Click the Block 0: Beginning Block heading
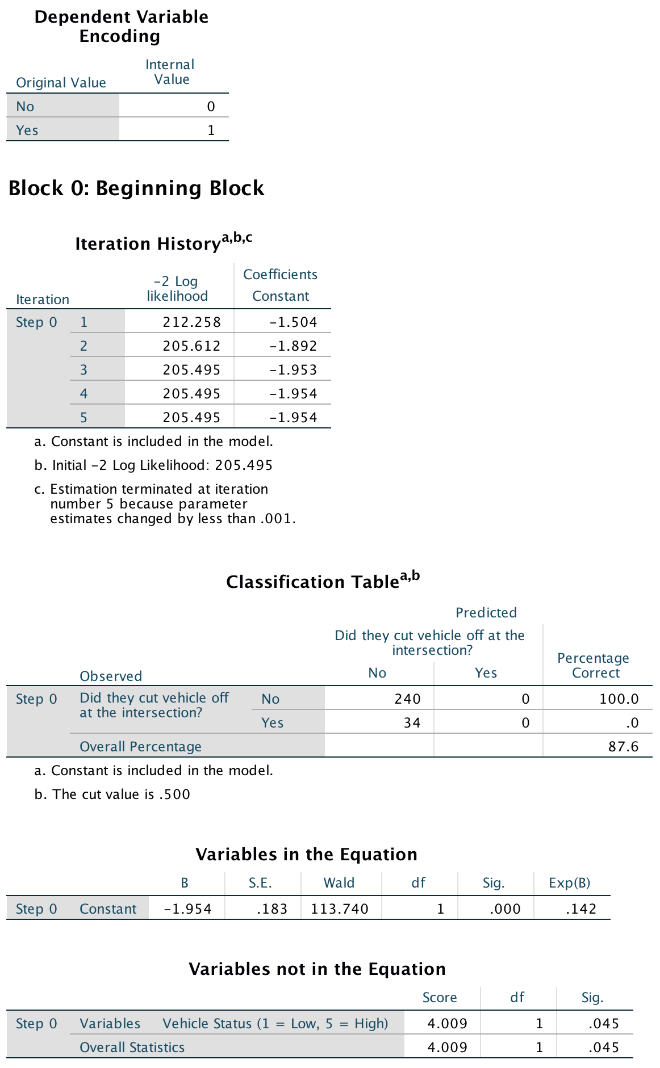click(136, 188)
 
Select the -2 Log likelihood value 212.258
click(191, 322)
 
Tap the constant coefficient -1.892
click(293, 346)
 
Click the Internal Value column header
click(170, 72)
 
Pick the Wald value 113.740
click(340, 909)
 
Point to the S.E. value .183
click(272, 909)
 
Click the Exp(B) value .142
click(581, 909)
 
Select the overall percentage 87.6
click(623, 747)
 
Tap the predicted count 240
click(408, 699)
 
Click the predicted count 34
click(412, 723)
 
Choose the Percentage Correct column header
click(593, 666)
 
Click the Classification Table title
click(312, 582)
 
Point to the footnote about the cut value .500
click(112, 794)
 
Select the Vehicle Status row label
click(275, 1024)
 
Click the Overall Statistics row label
click(132, 1048)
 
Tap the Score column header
click(440, 998)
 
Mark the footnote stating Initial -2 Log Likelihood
click(153, 465)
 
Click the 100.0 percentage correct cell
click(619, 699)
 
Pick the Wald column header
click(339, 883)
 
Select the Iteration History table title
click(148, 244)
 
